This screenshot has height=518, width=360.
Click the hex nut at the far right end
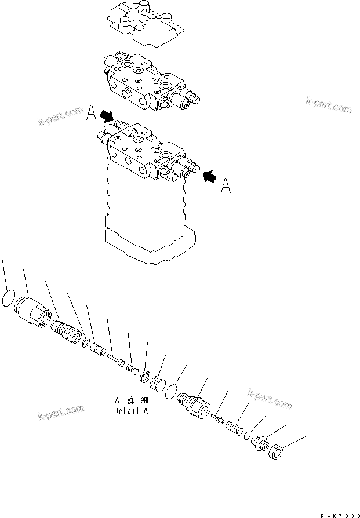tap(277, 454)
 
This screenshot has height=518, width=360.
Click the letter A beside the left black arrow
tap(91, 115)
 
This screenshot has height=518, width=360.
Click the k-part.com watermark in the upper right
tap(329, 105)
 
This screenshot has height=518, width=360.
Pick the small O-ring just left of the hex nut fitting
tap(246, 436)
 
